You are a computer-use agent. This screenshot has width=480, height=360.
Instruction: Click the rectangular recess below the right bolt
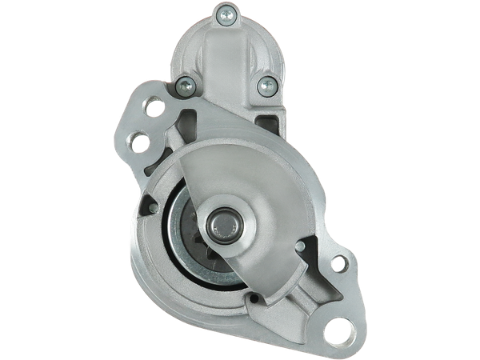click(x=266, y=119)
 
